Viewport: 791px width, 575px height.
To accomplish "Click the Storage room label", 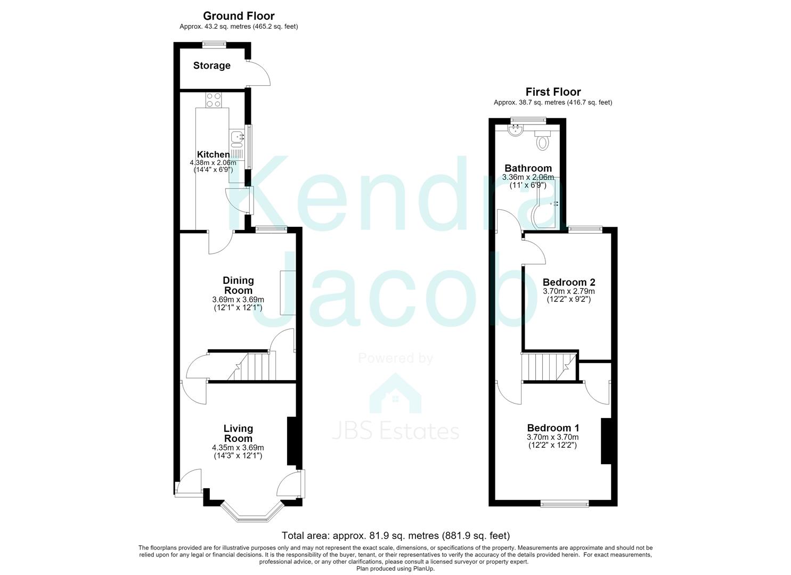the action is (x=211, y=65).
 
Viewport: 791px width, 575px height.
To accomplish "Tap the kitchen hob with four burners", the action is (x=214, y=100).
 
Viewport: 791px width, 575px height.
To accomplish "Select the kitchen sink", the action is (x=236, y=139).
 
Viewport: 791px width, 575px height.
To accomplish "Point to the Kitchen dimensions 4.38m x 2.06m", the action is (x=213, y=163).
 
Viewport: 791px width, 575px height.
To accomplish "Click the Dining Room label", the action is (x=238, y=285).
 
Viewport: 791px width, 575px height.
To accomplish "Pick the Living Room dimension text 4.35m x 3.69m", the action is (x=238, y=448).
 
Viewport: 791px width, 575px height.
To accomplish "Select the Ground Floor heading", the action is (x=238, y=16).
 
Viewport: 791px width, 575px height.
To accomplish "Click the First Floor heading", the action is (x=553, y=92).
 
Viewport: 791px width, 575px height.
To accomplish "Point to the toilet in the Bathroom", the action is (x=542, y=140).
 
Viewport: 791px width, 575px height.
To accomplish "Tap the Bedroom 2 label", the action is (x=568, y=282).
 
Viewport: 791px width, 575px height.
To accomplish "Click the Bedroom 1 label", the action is (x=553, y=428).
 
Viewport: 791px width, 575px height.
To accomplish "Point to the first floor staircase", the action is (x=549, y=367).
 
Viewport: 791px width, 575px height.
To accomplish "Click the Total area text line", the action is (x=395, y=536).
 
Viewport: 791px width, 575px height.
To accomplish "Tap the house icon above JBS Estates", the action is (x=395, y=393).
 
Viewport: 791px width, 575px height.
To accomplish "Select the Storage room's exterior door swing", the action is (x=259, y=73).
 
